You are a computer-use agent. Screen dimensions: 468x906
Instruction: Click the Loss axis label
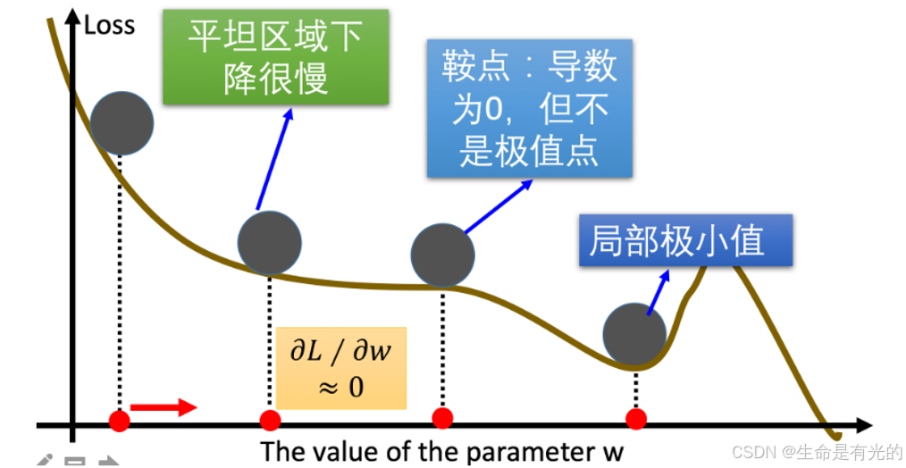(x=109, y=24)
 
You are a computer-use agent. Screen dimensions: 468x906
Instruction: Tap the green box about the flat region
(x=275, y=57)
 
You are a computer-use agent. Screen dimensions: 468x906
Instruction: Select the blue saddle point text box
(x=530, y=107)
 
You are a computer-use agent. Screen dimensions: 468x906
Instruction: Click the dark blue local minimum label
(x=685, y=240)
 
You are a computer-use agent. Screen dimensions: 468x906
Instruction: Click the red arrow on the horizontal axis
(x=164, y=408)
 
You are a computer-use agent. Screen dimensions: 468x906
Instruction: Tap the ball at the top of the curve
(x=122, y=122)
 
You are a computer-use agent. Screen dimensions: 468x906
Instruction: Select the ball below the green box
(x=269, y=242)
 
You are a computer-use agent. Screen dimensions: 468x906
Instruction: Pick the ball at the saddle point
(x=443, y=254)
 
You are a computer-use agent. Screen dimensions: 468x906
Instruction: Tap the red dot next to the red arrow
(x=119, y=420)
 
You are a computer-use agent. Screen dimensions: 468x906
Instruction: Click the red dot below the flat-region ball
(x=270, y=420)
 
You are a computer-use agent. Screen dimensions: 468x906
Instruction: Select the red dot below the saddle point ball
(x=441, y=418)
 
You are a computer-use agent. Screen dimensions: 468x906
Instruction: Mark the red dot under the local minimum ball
(x=635, y=418)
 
